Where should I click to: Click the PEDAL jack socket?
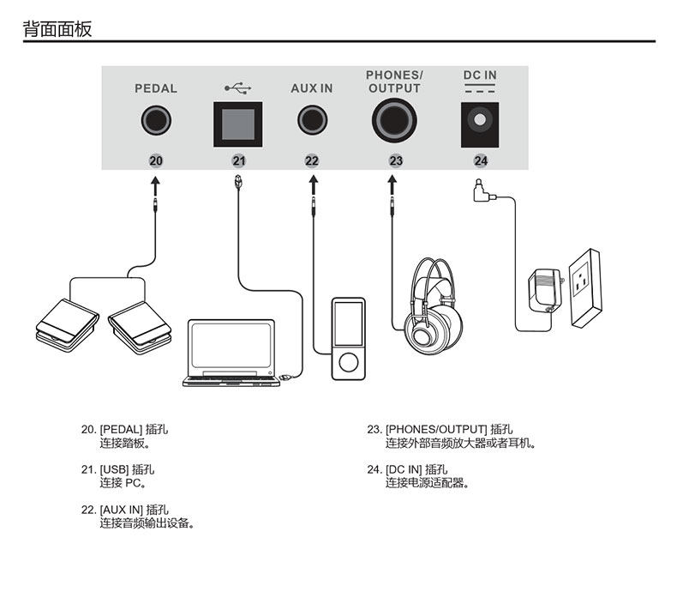[155, 120]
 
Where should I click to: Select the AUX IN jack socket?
[312, 120]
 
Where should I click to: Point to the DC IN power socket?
[480, 120]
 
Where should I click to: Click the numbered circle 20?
[155, 160]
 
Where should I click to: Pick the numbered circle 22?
[312, 160]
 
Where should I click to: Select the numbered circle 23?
[395, 160]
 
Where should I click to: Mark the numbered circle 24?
[480, 160]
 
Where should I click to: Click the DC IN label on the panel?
[480, 76]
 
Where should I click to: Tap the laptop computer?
[232, 352]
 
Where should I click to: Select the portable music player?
[348, 338]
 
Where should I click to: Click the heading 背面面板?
[57, 29]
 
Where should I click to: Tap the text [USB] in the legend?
[114, 470]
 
